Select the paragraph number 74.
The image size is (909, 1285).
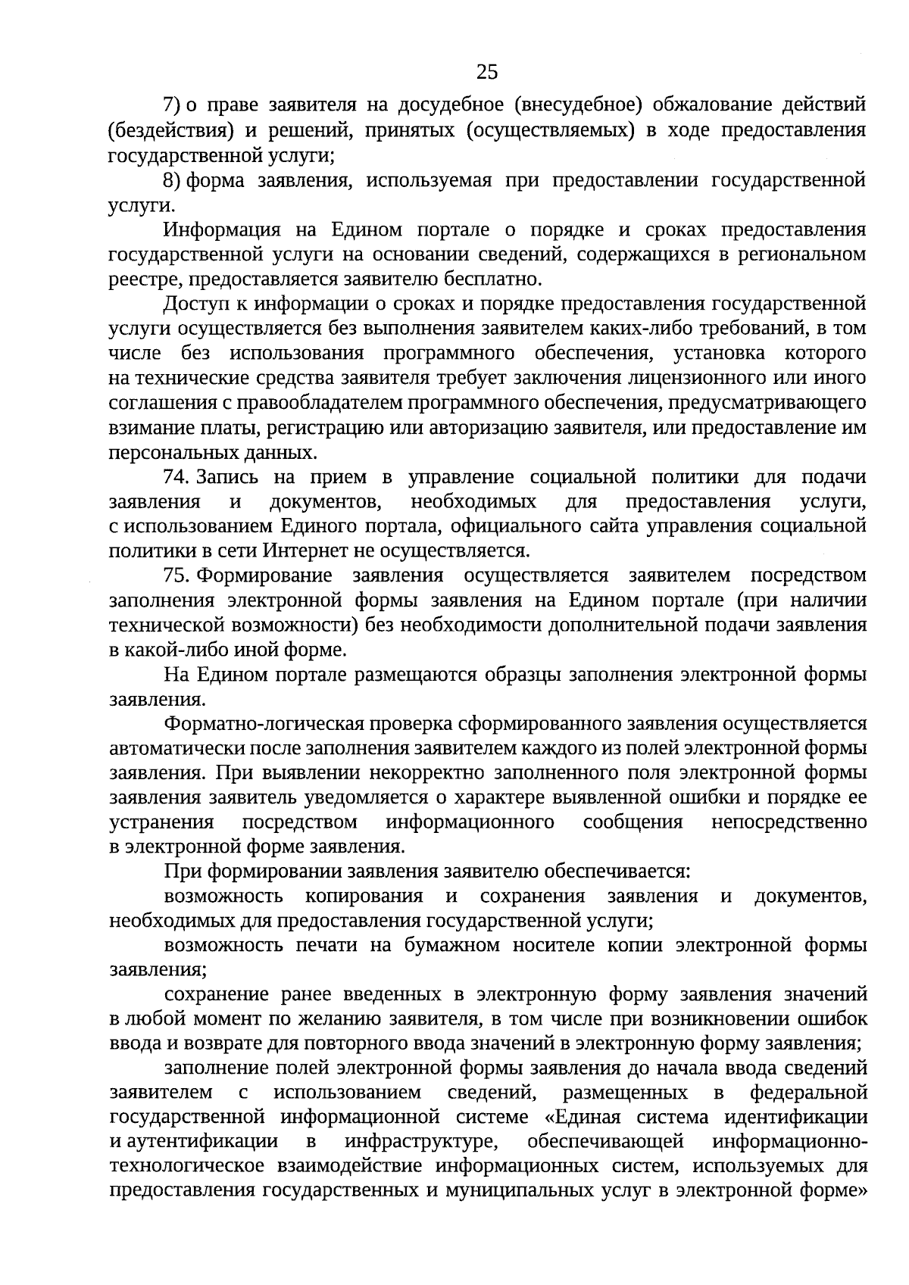[x=176, y=478]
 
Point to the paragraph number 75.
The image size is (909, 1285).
[x=176, y=576]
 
